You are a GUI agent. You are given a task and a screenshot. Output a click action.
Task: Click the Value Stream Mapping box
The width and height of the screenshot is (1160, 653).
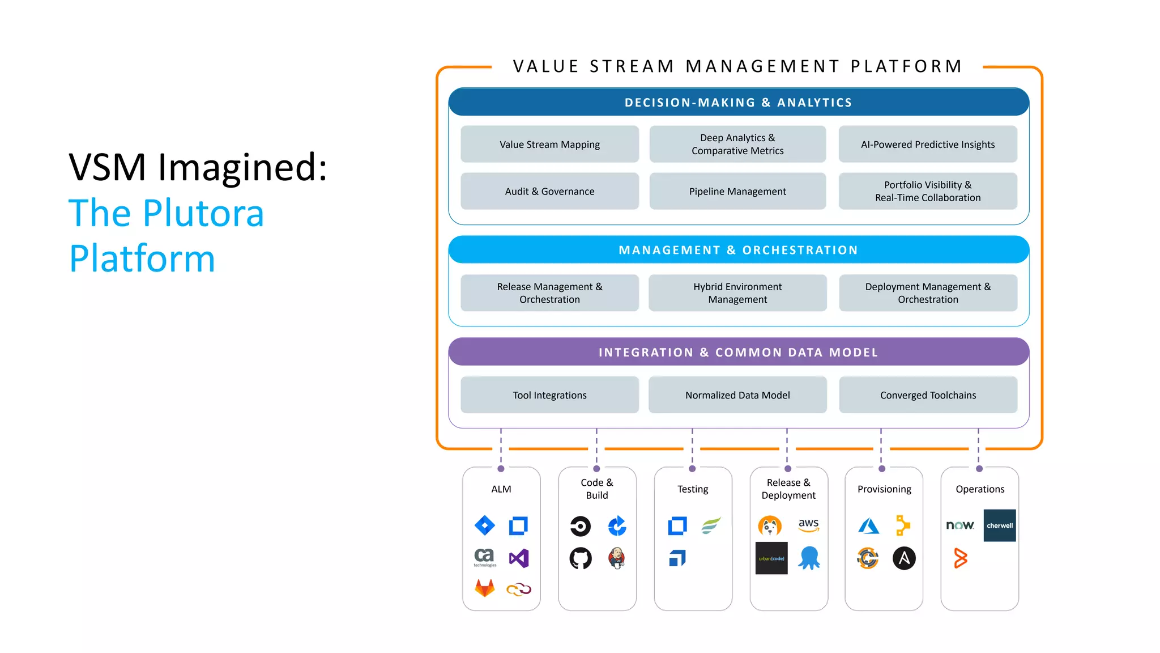pos(549,145)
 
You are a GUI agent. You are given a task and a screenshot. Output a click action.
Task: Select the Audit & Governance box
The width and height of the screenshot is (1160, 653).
pos(549,192)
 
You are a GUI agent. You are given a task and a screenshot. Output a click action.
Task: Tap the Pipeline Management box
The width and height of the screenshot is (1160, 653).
pos(737,192)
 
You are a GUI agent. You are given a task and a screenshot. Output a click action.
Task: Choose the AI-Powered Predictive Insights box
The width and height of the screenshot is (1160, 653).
pos(927,145)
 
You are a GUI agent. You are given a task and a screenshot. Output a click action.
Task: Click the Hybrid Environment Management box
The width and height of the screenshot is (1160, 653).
pos(737,293)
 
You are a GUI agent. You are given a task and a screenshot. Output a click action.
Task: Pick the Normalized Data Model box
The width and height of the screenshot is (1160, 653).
pos(737,395)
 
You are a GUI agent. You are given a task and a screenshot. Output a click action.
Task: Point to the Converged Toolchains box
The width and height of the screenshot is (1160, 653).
pos(928,395)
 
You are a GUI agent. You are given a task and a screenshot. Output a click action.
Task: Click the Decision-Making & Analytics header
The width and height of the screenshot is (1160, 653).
pos(738,103)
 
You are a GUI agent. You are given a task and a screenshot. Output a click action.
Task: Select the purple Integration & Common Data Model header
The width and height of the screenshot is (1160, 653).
pos(738,352)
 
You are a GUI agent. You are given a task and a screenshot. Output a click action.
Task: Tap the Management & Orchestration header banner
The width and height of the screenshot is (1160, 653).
pos(738,250)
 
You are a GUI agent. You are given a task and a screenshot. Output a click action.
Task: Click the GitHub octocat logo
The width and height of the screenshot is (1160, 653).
pos(581,558)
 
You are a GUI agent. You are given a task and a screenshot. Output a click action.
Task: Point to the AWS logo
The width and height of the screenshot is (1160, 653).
pos(808,525)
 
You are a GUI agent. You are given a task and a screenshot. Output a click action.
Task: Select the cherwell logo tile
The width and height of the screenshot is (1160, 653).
pos(999,525)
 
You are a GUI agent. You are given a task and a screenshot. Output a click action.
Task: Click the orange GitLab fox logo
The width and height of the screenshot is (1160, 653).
pos(484,588)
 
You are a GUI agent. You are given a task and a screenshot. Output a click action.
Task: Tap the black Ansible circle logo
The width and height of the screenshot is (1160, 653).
pos(904,558)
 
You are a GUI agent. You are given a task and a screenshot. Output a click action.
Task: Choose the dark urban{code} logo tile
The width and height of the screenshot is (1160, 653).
pos(771,558)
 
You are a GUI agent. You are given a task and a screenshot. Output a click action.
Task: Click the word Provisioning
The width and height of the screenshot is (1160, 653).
pos(884,489)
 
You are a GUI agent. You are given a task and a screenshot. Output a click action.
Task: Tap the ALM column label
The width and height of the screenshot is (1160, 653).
pos(501,489)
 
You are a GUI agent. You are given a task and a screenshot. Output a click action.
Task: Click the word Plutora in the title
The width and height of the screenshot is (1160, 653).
pos(203,214)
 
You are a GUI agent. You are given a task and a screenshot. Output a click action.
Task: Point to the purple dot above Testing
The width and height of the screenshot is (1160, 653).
pos(692,469)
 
